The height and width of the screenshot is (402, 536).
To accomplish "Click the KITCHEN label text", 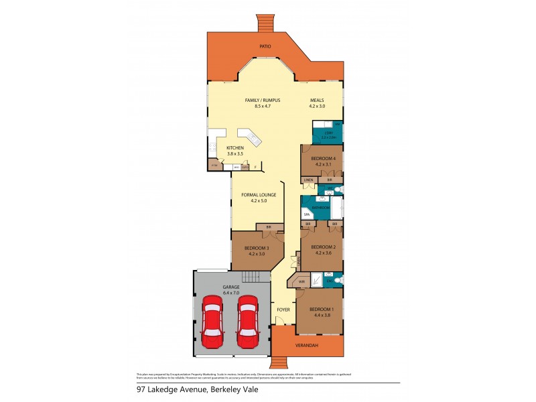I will click(234, 147).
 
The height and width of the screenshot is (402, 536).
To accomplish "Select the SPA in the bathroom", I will click(306, 214).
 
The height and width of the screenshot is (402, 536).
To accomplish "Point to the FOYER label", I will click(283, 310).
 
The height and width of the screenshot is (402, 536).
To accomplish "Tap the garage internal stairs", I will click(251, 277).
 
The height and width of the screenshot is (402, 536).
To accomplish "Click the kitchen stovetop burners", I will click(212, 148).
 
